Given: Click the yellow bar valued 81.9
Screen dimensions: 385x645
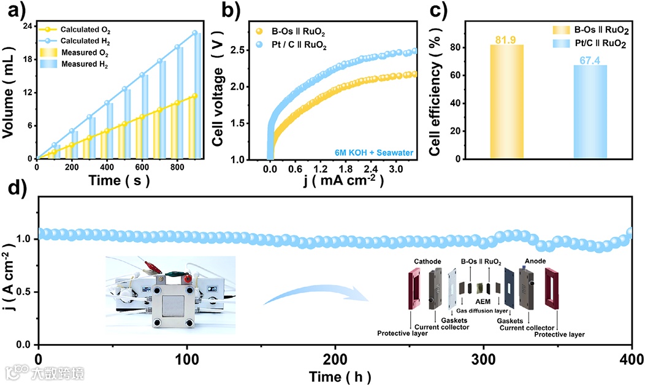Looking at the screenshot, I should [506, 102].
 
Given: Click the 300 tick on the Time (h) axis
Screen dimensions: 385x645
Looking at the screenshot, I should [484, 357].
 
